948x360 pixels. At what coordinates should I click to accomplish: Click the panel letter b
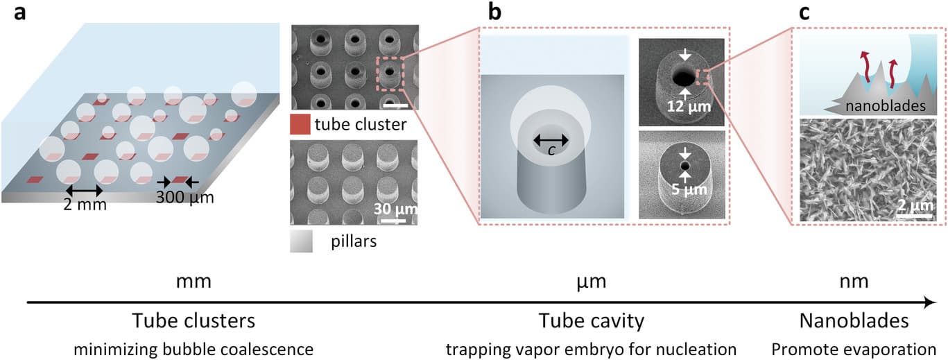pos(494,11)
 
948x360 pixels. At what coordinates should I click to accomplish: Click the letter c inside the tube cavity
pos(551,151)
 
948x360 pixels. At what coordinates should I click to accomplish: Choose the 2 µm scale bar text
pos(913,206)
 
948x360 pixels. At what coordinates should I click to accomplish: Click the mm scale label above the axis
pos(193,282)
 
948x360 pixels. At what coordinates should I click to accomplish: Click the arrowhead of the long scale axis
pos(931,302)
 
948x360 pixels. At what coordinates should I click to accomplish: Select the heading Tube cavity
pos(592,321)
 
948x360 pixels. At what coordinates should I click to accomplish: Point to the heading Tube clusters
pos(193,321)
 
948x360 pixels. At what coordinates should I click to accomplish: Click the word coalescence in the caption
pos(266,348)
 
